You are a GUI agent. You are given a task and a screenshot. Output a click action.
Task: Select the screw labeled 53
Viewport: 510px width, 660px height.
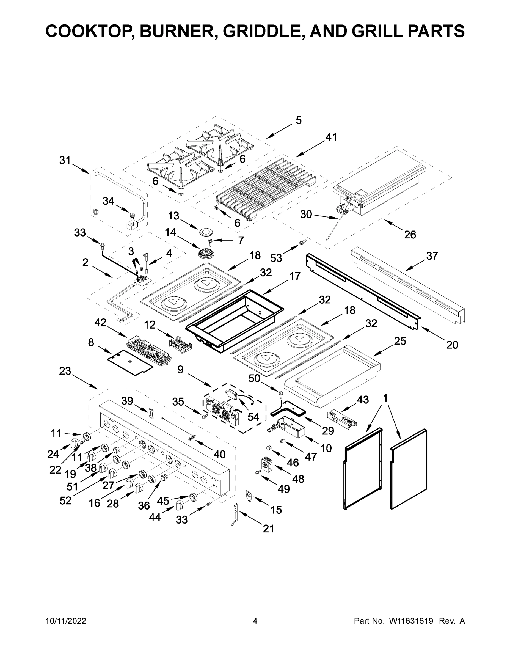[302, 242]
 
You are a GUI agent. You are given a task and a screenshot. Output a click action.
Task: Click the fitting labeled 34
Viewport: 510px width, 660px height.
[132, 216]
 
